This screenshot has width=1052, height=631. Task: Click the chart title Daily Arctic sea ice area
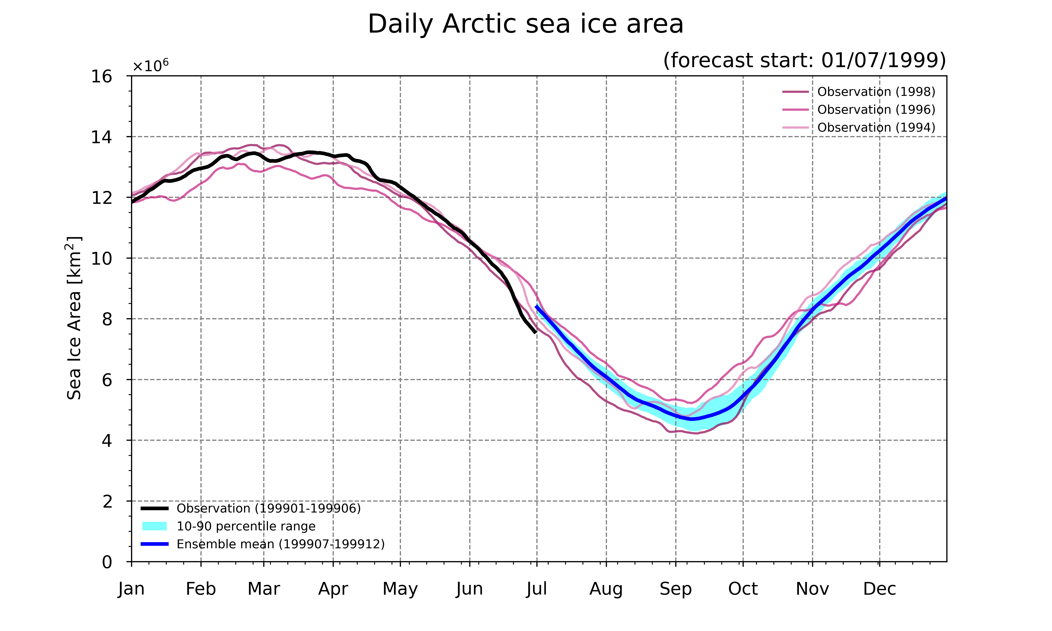tap(526, 24)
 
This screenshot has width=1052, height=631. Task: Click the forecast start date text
tap(805, 60)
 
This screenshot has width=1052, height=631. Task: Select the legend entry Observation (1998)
tap(859, 92)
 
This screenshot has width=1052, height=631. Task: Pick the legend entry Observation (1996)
tap(859, 110)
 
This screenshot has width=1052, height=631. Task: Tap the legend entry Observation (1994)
tap(859, 128)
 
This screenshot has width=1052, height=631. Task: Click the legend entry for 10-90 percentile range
tap(229, 526)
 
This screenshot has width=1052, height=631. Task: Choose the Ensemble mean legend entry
tap(263, 544)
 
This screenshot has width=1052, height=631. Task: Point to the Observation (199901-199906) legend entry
tap(251, 508)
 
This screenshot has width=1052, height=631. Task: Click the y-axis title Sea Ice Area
tap(74, 318)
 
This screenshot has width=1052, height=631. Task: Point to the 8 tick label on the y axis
tap(107, 319)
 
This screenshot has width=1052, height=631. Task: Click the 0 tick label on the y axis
tap(107, 562)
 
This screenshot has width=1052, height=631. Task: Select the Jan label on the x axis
tap(131, 589)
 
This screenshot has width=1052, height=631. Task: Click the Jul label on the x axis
tap(537, 589)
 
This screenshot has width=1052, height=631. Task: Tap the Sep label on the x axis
tap(676, 589)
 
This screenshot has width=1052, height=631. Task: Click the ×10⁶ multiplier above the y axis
tap(151, 66)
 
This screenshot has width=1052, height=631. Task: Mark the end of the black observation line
tap(535, 333)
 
